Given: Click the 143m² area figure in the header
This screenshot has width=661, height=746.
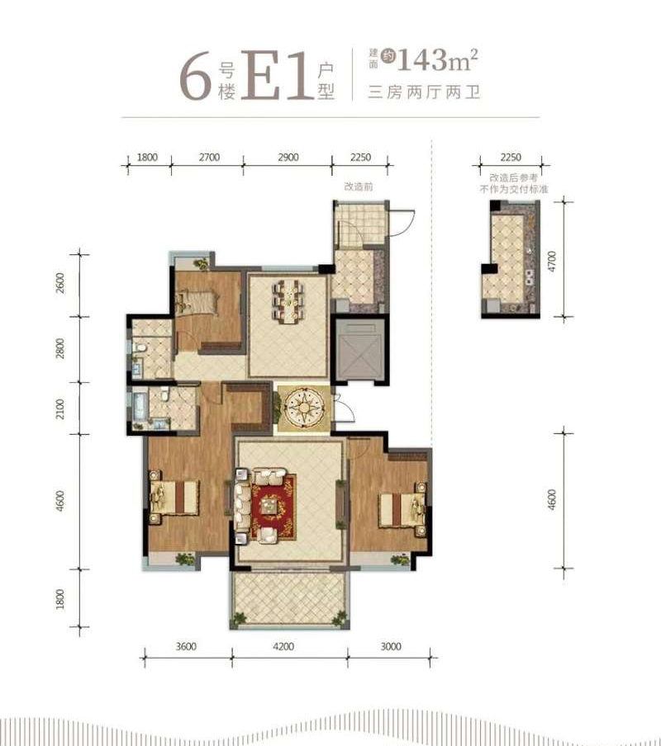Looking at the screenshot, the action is point(437,59).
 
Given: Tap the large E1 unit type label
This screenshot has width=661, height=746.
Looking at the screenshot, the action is point(276,75).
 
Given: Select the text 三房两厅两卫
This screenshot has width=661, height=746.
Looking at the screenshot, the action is point(424,92).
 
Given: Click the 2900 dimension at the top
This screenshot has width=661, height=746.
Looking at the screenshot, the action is point(288,157).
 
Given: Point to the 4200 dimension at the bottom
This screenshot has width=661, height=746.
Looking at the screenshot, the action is point(283,646).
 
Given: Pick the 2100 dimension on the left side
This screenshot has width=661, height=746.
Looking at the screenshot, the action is point(60,409).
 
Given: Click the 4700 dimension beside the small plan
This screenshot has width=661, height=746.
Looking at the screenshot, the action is point(552,261).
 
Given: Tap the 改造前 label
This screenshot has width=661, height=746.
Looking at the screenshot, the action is point(359,187).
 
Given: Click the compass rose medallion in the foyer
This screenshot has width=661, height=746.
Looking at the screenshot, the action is point(303,408).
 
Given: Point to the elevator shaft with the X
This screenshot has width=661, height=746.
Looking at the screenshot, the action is point(359,350).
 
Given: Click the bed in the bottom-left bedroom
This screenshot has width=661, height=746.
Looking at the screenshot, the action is point(174,497).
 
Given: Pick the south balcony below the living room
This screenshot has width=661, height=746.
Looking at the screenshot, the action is point(289,600).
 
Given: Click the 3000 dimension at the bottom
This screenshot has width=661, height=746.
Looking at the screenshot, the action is point(391,646).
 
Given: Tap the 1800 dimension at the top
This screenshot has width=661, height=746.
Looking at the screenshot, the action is point(147,157).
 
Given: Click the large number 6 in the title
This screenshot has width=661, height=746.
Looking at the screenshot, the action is point(195,75).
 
